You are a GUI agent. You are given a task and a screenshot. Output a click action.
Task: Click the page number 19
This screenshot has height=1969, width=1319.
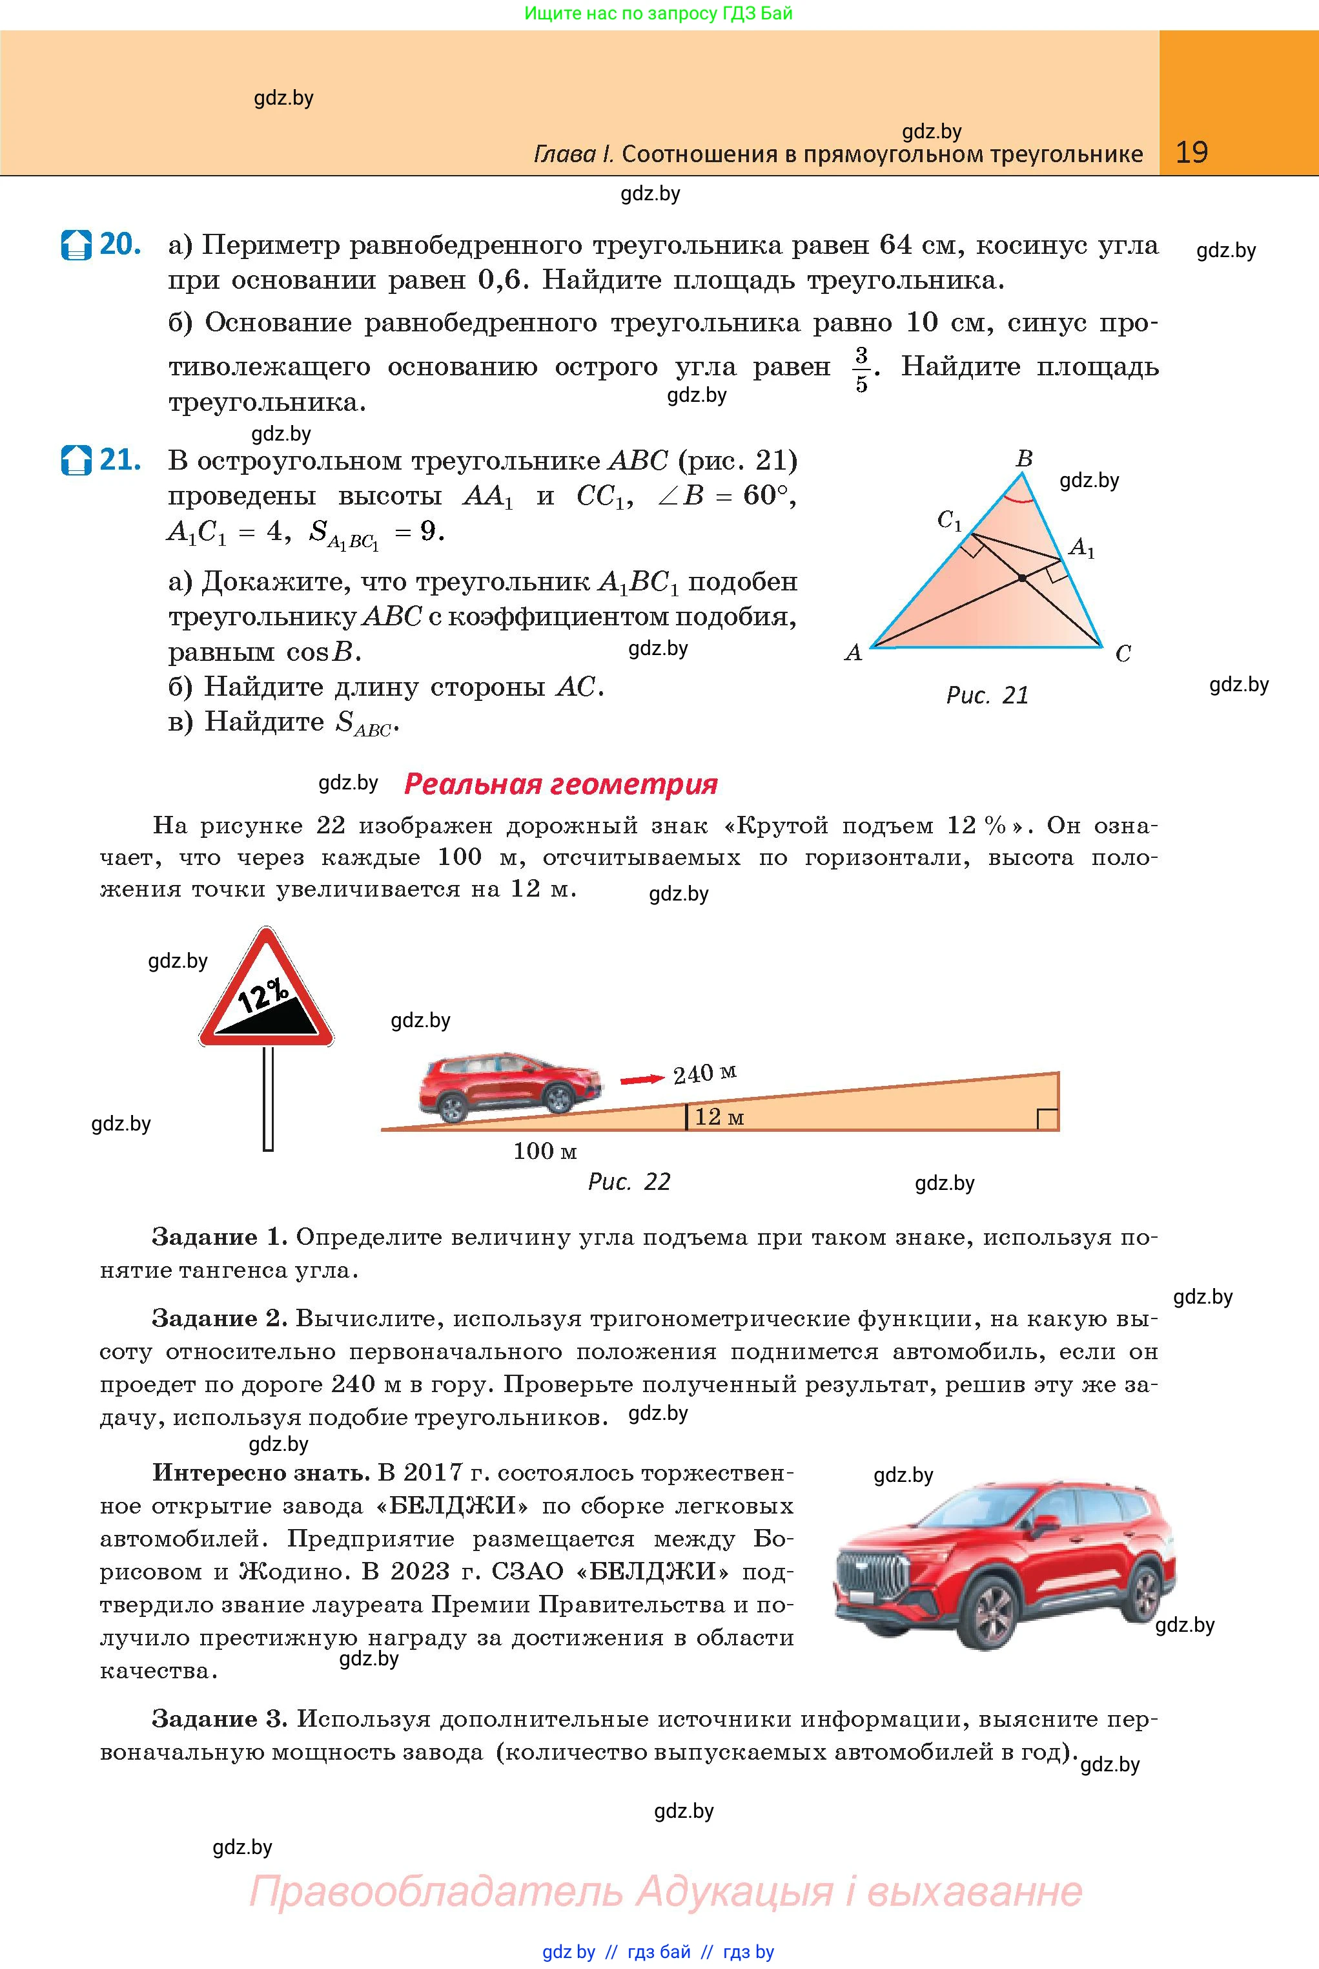tap(1191, 152)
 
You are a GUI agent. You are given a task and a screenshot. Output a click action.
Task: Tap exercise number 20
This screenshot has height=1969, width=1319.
tap(119, 244)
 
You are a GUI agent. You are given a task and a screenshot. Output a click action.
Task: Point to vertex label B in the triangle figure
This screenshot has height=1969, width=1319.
tap(1024, 459)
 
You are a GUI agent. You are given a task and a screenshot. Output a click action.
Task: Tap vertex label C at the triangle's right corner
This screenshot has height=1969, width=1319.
tap(1123, 653)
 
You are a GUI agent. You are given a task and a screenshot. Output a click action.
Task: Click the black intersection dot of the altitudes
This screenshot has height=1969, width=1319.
tap(1022, 578)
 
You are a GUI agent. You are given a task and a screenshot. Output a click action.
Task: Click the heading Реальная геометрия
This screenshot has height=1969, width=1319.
tap(560, 784)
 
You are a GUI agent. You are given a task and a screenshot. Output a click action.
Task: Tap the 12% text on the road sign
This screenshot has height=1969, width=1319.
tap(263, 995)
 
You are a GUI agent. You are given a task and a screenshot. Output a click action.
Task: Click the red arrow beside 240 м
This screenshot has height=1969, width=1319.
tap(642, 1079)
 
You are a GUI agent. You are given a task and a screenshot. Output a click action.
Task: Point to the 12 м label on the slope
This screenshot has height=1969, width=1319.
tap(719, 1118)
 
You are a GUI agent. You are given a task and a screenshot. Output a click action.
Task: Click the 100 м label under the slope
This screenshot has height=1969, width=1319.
tap(545, 1151)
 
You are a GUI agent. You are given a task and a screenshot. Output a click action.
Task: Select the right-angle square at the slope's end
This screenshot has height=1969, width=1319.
tap(1047, 1119)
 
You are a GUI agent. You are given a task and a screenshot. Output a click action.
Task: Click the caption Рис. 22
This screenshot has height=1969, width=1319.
tap(629, 1182)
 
